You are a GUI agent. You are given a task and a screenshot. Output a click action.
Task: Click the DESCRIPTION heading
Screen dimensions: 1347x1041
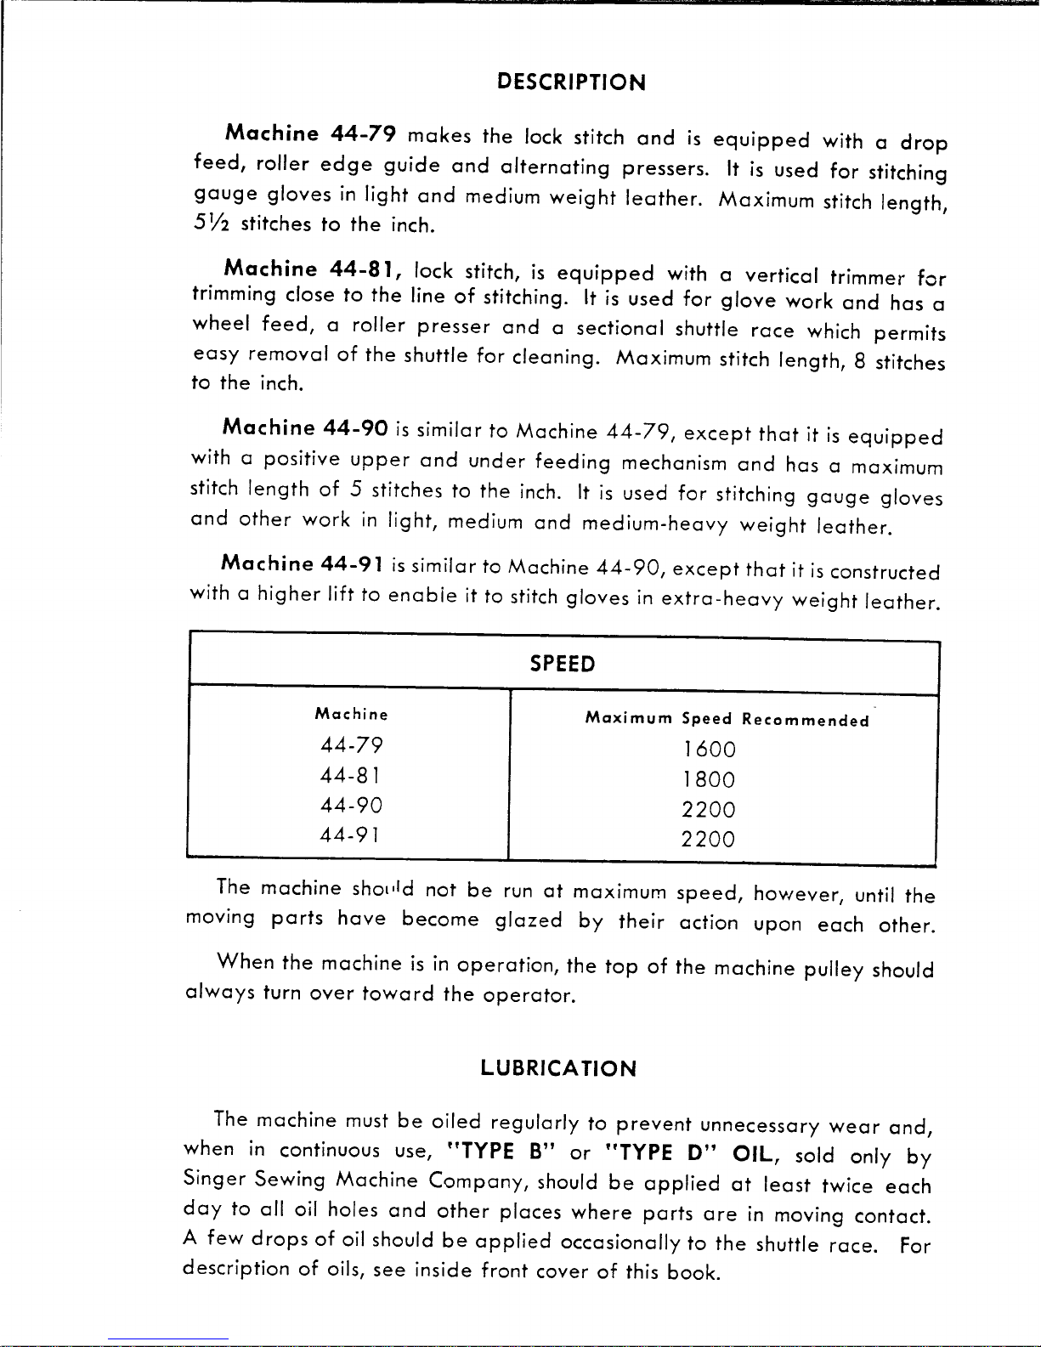tap(571, 82)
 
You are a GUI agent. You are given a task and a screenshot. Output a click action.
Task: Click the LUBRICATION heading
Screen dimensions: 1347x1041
tap(557, 1068)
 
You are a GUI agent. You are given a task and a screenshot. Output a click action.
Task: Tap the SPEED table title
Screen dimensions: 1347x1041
tap(562, 665)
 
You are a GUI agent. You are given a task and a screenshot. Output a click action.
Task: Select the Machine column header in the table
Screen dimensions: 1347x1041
tap(351, 715)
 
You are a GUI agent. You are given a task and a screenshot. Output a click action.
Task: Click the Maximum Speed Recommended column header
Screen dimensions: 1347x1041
tap(727, 720)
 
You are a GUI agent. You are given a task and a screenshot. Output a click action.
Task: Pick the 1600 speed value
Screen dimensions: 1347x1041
tap(709, 750)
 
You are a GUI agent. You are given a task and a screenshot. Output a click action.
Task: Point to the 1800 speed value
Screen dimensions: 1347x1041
tap(709, 779)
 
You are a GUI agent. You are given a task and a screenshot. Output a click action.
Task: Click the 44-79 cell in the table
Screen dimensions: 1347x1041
tap(351, 745)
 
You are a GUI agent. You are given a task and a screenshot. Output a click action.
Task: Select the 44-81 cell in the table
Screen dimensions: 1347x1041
tap(349, 775)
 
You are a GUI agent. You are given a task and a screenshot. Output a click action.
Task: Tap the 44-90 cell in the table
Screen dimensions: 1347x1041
tap(351, 805)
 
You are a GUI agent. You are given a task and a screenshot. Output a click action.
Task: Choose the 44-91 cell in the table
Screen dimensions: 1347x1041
tap(349, 835)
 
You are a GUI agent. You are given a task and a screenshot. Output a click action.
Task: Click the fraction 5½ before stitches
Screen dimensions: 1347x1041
tap(212, 224)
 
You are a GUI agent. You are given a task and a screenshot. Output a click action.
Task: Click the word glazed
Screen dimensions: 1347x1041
tap(528, 920)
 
